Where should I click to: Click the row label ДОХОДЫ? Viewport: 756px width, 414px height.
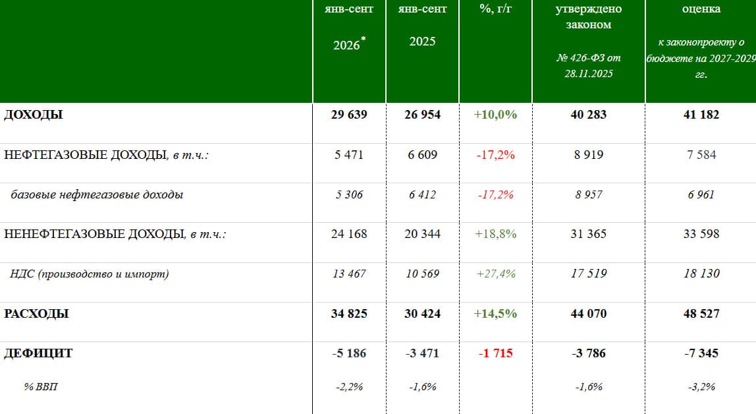tap(34, 115)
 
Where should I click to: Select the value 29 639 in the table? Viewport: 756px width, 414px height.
tap(349, 115)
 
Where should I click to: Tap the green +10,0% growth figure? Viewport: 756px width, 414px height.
tap(495, 115)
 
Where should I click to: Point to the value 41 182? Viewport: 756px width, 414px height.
tap(701, 115)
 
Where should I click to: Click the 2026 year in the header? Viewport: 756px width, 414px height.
tap(346, 45)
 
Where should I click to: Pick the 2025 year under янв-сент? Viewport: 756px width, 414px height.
tap(422, 42)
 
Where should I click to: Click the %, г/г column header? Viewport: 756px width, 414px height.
tap(495, 9)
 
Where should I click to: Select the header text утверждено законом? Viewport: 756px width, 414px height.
tap(588, 17)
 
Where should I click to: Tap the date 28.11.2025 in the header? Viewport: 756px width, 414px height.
tap(589, 74)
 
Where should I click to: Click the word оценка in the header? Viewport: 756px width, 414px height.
tap(701, 9)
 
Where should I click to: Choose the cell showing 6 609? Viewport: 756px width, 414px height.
tap(422, 155)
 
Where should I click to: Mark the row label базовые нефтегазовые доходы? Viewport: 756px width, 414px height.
tap(97, 195)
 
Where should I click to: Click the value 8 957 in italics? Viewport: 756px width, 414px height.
tap(588, 195)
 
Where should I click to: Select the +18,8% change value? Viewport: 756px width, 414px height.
tap(495, 234)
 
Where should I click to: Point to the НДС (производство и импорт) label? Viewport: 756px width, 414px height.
tap(89, 274)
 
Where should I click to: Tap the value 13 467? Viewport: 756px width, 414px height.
tap(349, 274)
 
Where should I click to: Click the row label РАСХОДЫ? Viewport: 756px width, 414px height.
tap(36, 314)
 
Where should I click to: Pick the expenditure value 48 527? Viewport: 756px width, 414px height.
tap(701, 314)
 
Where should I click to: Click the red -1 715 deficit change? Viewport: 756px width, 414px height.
tap(495, 353)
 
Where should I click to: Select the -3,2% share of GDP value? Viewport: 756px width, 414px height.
tap(701, 387)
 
